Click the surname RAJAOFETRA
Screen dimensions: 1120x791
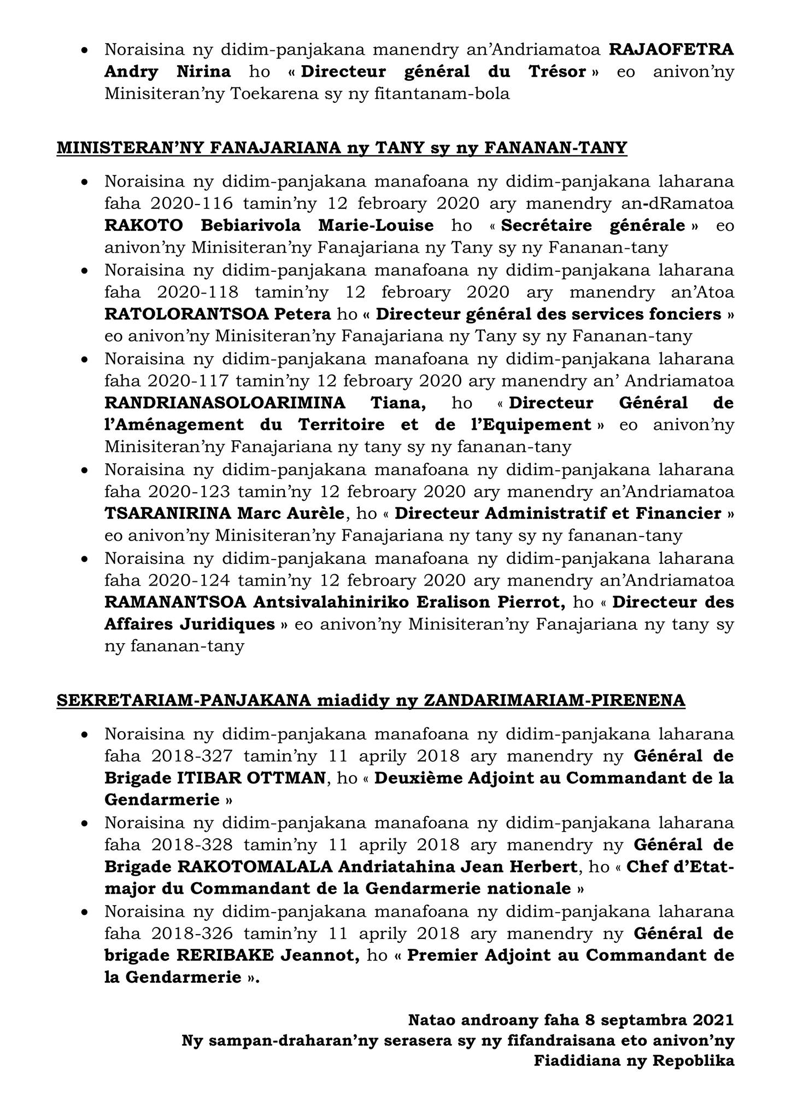click(x=671, y=49)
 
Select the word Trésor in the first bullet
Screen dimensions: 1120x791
click(x=556, y=72)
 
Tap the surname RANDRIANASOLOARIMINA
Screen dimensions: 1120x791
click(x=225, y=403)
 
